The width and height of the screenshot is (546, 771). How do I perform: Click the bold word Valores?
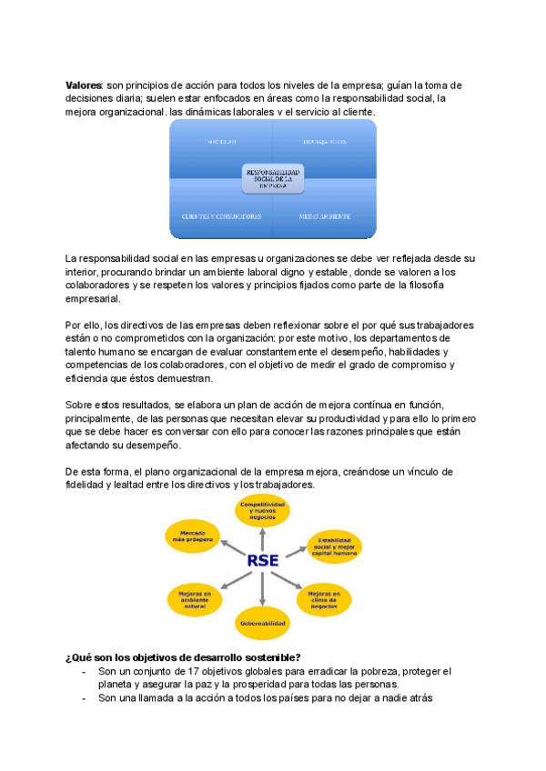(x=85, y=85)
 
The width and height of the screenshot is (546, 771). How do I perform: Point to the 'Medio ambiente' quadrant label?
(x=325, y=216)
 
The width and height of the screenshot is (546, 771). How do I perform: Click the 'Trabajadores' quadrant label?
(x=324, y=142)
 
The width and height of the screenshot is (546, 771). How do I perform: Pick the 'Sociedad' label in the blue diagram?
(x=221, y=142)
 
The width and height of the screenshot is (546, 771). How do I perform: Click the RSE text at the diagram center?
(x=262, y=559)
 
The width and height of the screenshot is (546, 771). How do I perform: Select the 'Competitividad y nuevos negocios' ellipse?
(x=262, y=511)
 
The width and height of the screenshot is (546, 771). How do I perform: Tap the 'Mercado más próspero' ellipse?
(x=190, y=536)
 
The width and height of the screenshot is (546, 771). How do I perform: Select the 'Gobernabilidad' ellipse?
(x=262, y=624)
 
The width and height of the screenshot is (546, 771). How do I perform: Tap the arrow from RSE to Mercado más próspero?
(x=227, y=547)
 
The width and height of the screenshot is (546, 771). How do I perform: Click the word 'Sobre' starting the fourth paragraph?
(x=80, y=404)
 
